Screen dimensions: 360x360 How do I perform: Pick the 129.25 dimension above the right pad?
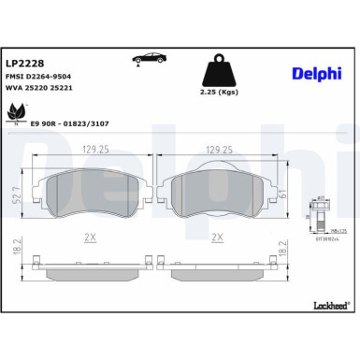(218, 147)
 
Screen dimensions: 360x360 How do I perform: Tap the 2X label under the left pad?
(92, 238)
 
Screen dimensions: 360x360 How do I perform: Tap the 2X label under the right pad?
(218, 238)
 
